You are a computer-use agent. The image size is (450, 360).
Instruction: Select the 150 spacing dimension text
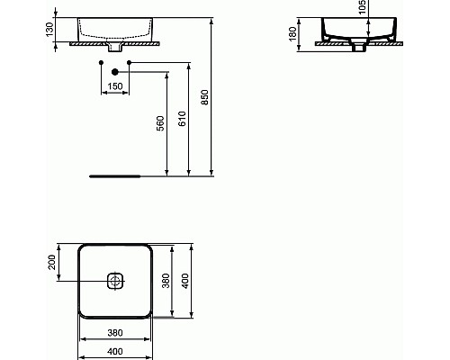[114, 86]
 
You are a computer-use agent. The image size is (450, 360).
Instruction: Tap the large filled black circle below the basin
[114, 71]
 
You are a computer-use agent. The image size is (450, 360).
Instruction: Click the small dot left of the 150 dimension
[98, 62]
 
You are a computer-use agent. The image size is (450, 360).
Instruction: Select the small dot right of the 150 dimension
[130, 62]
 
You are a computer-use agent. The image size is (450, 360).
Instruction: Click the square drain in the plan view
[114, 281]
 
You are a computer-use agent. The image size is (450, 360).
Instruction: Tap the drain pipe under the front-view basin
[114, 45]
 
